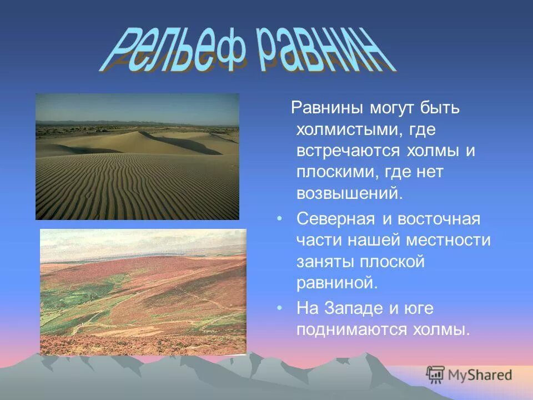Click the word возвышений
coord(348,194)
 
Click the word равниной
coord(336,283)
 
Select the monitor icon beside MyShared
coord(436,374)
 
